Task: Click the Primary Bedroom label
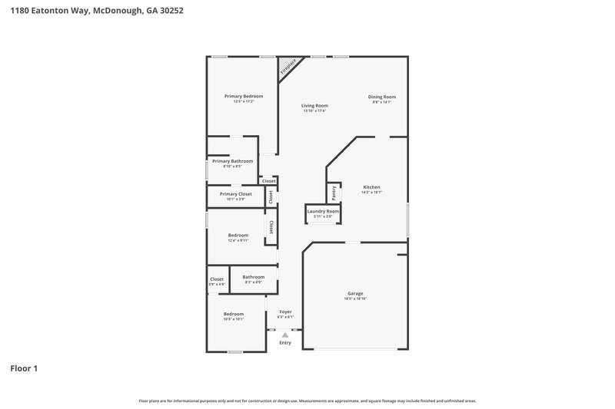pos(244,96)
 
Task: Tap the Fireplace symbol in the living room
pos(288,67)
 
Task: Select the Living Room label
pos(314,105)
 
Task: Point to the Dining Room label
pos(384,97)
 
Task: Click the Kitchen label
pos(371,187)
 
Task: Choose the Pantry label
pos(334,192)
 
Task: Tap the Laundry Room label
pos(323,211)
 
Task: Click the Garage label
pos(355,293)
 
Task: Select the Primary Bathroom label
pos(232,161)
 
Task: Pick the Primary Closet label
pos(235,194)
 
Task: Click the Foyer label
pos(285,312)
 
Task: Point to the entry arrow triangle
pos(285,335)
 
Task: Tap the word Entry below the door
pos(285,343)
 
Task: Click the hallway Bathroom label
pos(254,277)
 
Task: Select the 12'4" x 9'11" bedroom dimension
pos(238,240)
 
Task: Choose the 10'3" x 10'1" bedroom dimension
pos(234,319)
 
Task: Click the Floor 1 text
pos(24,369)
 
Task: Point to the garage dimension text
pos(355,299)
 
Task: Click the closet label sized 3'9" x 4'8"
pos(217,285)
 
